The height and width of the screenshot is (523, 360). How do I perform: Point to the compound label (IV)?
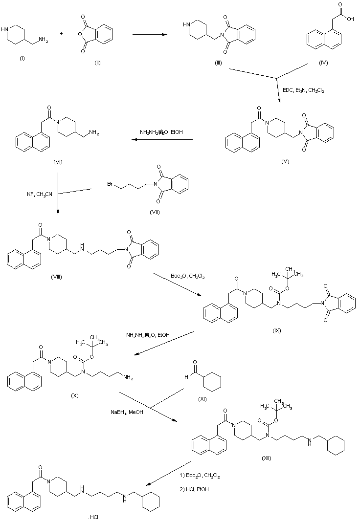pyautogui.click(x=323, y=63)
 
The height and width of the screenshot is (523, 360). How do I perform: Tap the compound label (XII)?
pyautogui.click(x=266, y=458)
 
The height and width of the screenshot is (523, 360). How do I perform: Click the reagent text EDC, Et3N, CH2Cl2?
pyautogui.click(x=304, y=90)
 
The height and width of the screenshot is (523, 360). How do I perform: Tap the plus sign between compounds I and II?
pyautogui.click(x=62, y=34)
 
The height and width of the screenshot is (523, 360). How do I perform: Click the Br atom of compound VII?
pyautogui.click(x=111, y=184)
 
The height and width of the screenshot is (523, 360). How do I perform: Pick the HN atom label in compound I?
pyautogui.click(x=5, y=29)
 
